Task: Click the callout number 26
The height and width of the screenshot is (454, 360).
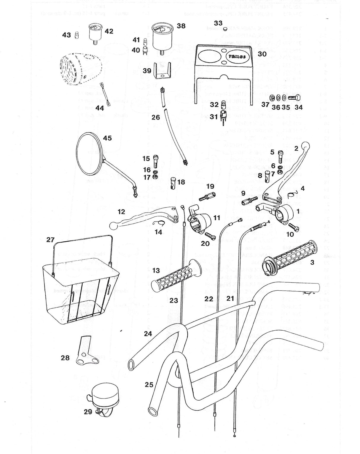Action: (x=156, y=117)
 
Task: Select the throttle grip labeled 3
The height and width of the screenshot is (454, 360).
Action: (x=289, y=254)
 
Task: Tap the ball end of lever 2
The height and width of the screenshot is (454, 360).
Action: (x=305, y=146)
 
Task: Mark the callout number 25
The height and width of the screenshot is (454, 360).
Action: (x=149, y=385)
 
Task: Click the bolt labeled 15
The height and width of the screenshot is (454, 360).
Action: (x=156, y=160)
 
